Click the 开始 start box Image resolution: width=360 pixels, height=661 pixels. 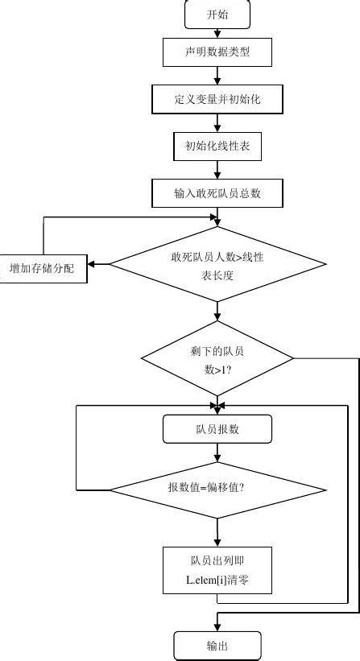(x=217, y=14)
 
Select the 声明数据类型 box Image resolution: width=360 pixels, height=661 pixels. (x=217, y=53)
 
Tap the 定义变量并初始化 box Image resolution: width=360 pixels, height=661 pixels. (x=217, y=100)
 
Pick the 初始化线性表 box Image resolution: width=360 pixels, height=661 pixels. (x=217, y=147)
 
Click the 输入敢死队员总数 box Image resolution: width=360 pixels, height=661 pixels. (x=217, y=193)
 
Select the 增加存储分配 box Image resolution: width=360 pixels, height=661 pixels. (x=42, y=267)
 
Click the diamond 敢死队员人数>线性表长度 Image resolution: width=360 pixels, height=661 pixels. (x=217, y=264)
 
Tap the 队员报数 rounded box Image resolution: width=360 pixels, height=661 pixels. (x=217, y=429)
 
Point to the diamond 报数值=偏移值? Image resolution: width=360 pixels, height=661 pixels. (x=217, y=489)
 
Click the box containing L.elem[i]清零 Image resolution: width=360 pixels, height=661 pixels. (x=217, y=570)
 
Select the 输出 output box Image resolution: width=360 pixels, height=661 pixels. (x=217, y=646)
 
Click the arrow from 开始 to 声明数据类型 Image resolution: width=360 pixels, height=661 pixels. (x=217, y=34)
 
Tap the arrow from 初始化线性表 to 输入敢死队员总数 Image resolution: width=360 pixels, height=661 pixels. (x=217, y=170)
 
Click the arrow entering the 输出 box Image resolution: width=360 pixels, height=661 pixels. (x=217, y=622)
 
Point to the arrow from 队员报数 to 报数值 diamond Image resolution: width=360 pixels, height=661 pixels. (x=217, y=453)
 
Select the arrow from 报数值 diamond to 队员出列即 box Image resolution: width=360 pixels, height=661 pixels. (x=217, y=531)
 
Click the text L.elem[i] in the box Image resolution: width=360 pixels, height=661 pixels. (x=205, y=580)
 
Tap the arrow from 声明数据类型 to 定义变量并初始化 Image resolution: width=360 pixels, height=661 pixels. (x=217, y=76)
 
